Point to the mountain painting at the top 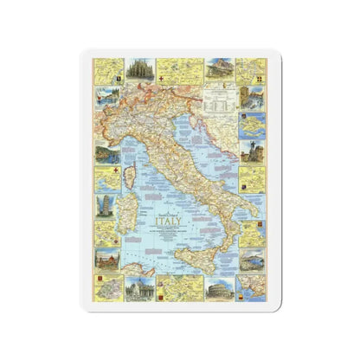click(x=216, y=67)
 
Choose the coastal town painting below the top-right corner click(x=252, y=93)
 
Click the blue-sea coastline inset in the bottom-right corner click(x=252, y=286)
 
